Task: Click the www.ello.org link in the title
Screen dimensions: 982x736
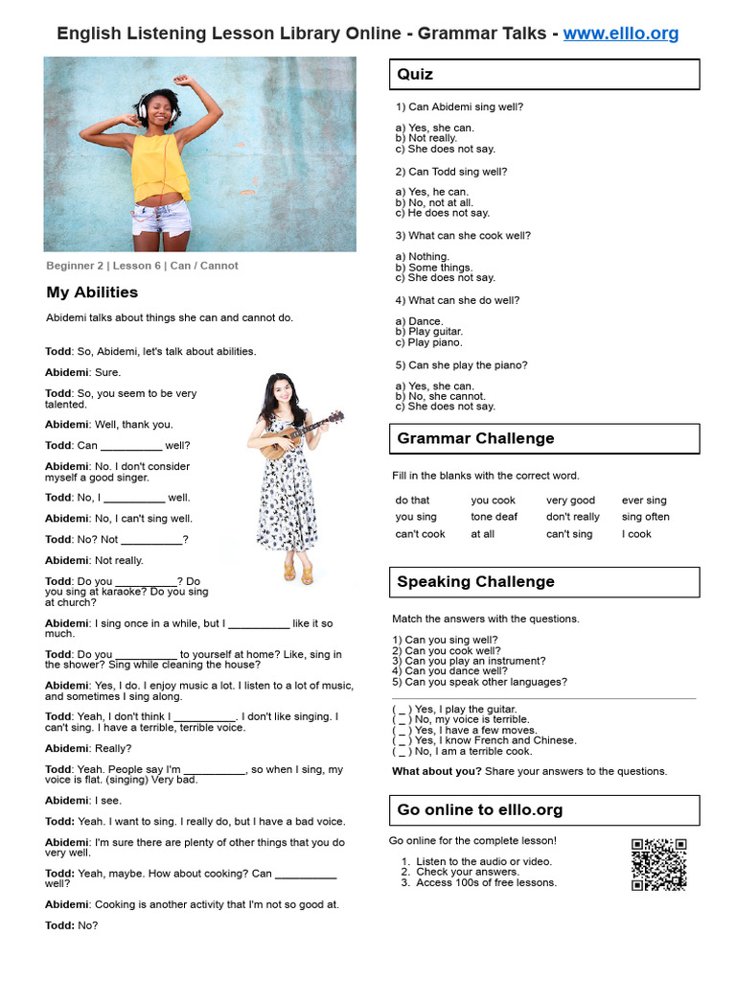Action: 620,34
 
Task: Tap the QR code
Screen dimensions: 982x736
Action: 658,864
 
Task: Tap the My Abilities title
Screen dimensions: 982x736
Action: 92,292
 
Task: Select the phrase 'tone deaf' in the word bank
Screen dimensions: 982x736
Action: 494,517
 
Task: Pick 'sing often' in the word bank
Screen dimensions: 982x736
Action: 645,517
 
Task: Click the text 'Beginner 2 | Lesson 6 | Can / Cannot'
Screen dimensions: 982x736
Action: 142,266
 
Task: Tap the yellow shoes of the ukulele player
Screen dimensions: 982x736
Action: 297,573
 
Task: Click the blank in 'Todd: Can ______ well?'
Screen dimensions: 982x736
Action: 131,446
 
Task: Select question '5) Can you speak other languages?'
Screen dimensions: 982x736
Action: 486,682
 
